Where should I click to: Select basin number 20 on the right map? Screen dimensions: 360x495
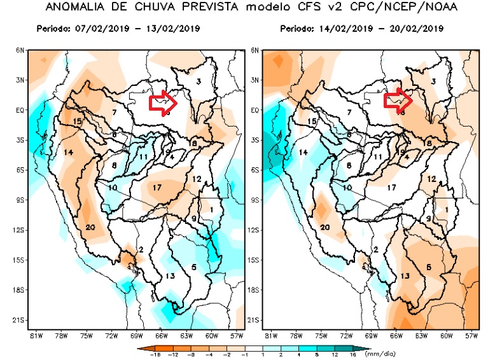325,227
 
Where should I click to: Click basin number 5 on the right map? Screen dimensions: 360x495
429,267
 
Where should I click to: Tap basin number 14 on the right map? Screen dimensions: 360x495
303,153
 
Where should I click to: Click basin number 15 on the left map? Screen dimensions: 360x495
78,121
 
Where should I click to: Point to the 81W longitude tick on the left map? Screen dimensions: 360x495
36,335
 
